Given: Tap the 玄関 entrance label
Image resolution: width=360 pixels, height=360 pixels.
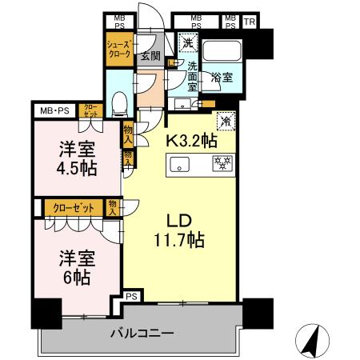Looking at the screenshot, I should (150, 56).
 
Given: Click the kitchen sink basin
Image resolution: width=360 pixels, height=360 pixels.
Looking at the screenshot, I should (178, 165).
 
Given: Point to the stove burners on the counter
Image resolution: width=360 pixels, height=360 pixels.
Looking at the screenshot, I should (222, 165).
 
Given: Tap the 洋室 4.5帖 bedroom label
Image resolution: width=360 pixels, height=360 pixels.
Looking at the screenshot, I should (76, 158).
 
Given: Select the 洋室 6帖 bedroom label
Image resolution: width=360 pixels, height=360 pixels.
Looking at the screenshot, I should (76, 267).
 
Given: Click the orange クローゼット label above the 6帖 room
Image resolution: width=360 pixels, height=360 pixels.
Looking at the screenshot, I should (74, 207).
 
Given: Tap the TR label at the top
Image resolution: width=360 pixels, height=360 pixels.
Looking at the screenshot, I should (250, 22).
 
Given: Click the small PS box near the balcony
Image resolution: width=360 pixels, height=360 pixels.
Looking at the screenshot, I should (132, 298).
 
